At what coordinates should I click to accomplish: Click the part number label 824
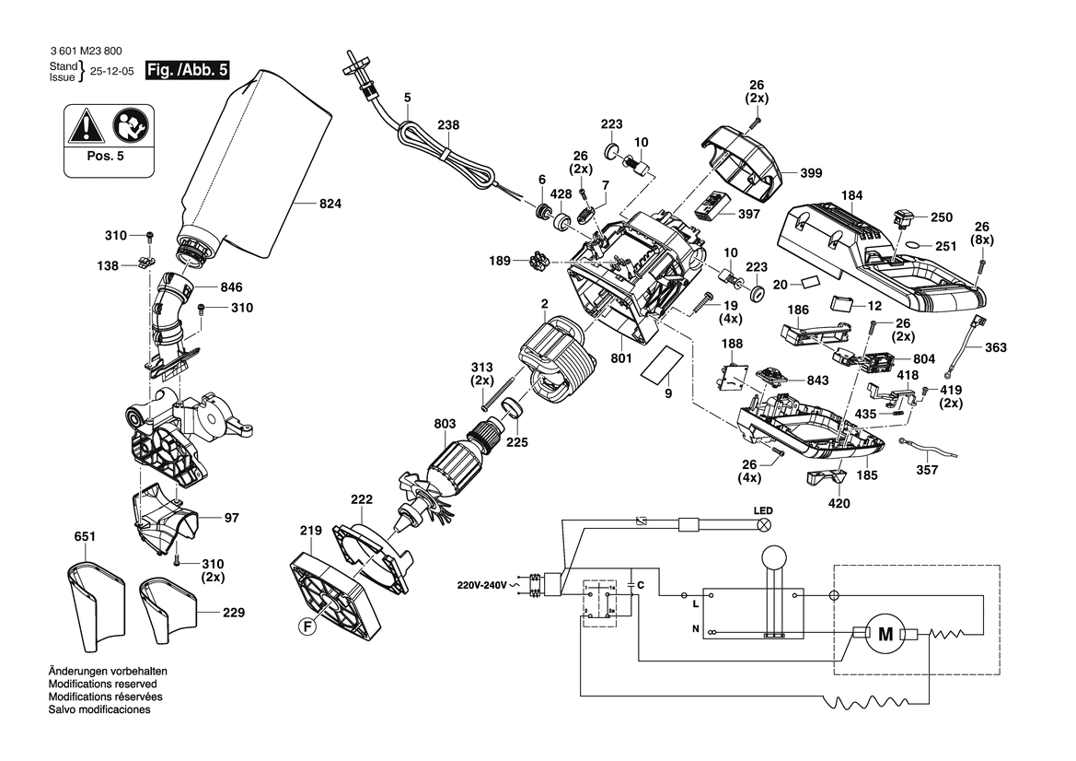[330, 205]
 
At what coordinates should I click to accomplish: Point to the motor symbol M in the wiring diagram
[886, 635]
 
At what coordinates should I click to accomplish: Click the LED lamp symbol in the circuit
[763, 525]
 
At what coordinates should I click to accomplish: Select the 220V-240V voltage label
[481, 585]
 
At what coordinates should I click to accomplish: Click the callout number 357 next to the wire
[928, 469]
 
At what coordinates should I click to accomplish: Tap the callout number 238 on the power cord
[448, 125]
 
